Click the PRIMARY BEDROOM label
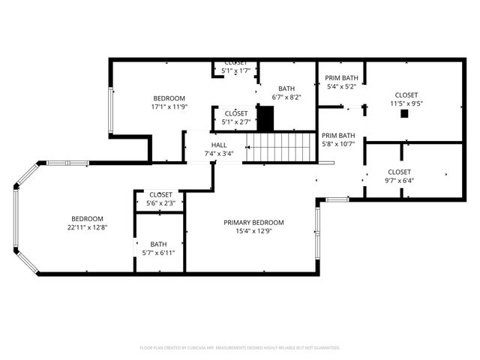click(x=253, y=222)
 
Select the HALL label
click(x=219, y=145)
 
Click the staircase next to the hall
click(x=278, y=146)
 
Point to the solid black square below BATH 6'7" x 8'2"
click(x=265, y=118)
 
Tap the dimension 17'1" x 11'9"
click(x=169, y=106)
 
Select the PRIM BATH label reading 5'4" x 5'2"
click(x=340, y=77)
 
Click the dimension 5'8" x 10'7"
click(x=338, y=144)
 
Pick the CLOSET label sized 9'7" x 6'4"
click(x=399, y=172)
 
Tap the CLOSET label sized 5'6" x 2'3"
click(x=160, y=194)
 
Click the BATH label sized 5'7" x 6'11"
click(x=158, y=244)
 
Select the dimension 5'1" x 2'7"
click(x=236, y=121)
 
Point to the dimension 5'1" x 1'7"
click(x=235, y=71)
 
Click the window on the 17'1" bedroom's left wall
click(x=112, y=111)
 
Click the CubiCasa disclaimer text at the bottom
click(x=240, y=348)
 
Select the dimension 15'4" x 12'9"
click(x=253, y=231)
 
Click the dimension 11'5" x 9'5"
click(x=406, y=103)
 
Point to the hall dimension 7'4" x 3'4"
click(x=219, y=153)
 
